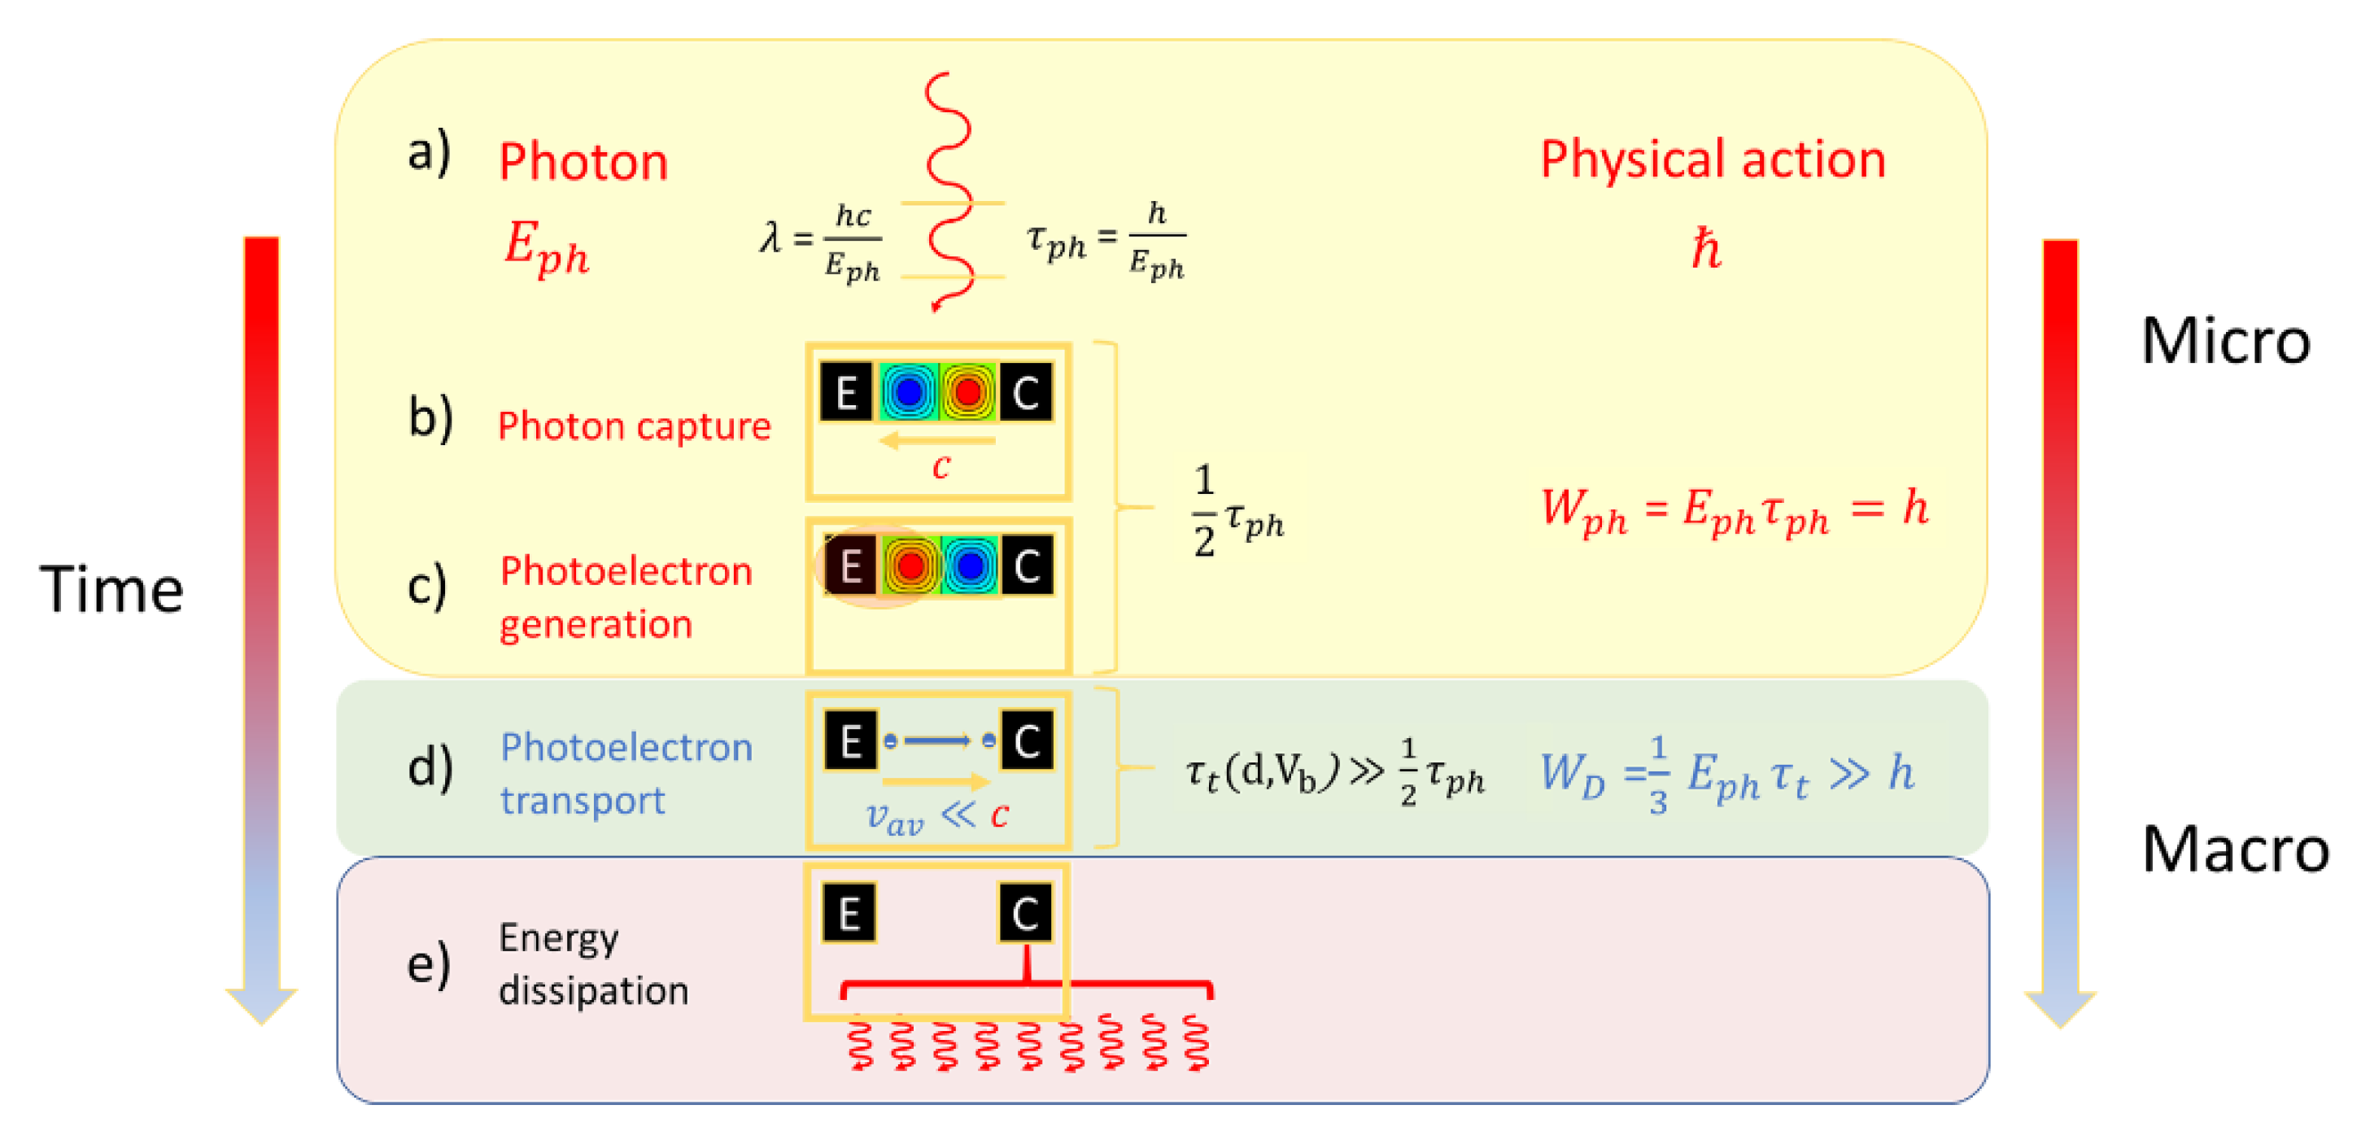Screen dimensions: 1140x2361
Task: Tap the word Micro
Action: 2224,341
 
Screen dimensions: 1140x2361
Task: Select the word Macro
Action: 2235,850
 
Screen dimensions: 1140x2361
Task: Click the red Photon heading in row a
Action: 583,162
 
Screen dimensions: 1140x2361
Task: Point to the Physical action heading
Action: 1712,159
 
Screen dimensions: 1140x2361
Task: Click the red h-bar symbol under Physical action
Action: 1706,248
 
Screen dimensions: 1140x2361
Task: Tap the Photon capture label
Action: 633,426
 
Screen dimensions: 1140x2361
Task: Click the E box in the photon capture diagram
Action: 846,392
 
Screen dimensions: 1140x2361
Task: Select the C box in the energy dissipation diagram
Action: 1024,913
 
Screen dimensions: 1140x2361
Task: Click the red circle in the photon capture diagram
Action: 967,392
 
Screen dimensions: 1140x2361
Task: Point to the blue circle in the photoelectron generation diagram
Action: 968,566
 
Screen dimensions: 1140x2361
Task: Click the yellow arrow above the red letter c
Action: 936,442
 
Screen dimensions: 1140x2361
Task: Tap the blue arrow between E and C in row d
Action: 937,740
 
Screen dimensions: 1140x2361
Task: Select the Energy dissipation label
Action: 593,964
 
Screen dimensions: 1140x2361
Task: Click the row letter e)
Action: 428,964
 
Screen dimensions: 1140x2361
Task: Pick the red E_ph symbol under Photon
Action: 546,248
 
